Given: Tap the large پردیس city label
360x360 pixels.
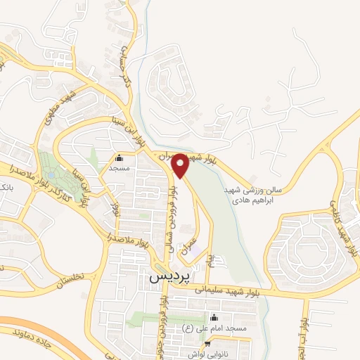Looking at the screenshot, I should (169, 277).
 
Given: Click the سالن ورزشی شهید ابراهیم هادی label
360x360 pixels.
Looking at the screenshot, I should (258, 195).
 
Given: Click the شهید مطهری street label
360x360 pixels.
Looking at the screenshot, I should (60, 112).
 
